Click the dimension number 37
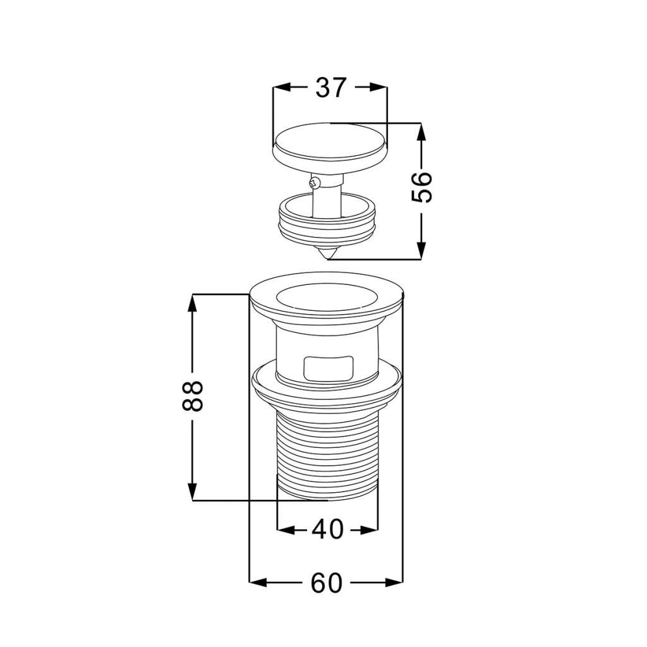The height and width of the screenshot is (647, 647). coord(330,88)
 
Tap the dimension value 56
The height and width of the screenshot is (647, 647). coord(421,187)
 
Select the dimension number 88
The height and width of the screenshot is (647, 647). coord(193,396)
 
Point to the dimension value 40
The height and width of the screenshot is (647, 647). coord(328,529)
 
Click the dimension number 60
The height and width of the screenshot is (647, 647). coord(327,583)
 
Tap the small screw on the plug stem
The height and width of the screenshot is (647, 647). coord(314,181)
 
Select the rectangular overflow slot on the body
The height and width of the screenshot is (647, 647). coord(329,368)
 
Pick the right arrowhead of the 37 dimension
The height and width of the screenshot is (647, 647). coord(378,87)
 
